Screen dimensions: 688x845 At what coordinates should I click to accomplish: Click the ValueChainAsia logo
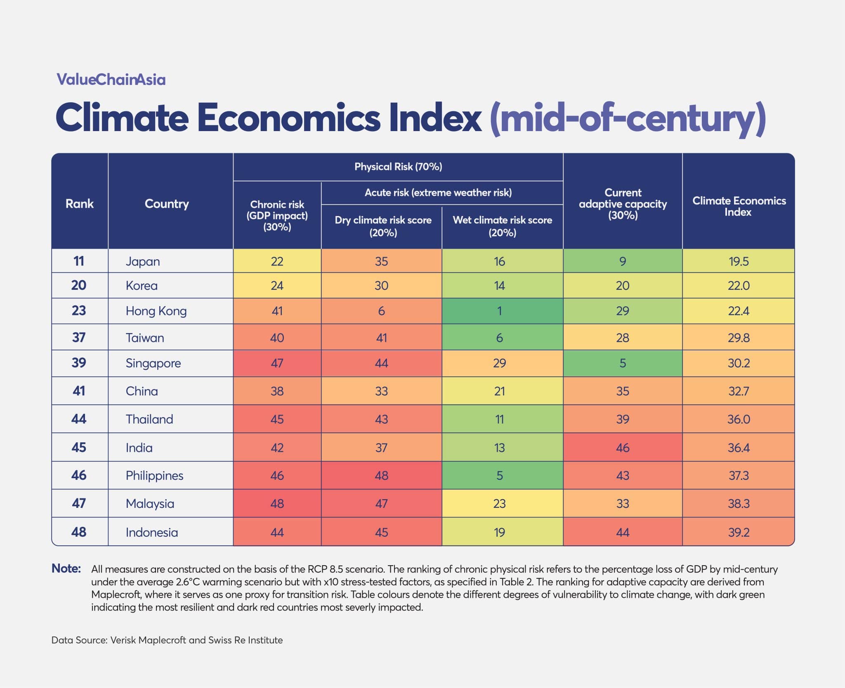[x=111, y=79]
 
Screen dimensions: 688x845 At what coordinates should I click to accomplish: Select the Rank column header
[x=80, y=204]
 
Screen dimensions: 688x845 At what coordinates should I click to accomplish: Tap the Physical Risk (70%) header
[x=398, y=167]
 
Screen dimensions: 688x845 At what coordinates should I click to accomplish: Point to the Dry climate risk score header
[x=383, y=226]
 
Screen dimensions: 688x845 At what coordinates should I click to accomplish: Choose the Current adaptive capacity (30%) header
[x=623, y=204]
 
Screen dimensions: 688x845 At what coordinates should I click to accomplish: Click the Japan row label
[x=143, y=261]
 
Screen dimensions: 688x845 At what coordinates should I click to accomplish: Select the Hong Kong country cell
[x=156, y=311]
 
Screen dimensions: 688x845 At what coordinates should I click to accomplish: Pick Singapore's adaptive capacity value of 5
[x=623, y=363]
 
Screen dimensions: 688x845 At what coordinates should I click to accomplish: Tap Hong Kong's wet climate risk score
[x=499, y=311]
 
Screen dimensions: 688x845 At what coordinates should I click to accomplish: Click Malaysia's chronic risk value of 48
[x=277, y=503]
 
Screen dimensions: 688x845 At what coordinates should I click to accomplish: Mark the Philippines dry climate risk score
[x=381, y=475]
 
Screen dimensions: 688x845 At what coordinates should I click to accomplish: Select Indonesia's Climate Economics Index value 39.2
[x=739, y=532]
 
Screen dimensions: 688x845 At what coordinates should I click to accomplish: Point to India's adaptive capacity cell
[x=623, y=448]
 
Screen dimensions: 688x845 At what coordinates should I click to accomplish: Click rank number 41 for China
[x=79, y=391]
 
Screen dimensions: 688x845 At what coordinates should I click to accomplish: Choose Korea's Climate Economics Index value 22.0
[x=739, y=286]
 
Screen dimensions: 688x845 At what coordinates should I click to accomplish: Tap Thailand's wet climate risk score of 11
[x=499, y=419]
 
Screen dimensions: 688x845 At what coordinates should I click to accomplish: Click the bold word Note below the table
[x=66, y=568]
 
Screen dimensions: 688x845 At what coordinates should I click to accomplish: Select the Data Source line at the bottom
[x=167, y=640]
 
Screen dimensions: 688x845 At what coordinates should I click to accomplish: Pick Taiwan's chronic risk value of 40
[x=277, y=338]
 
